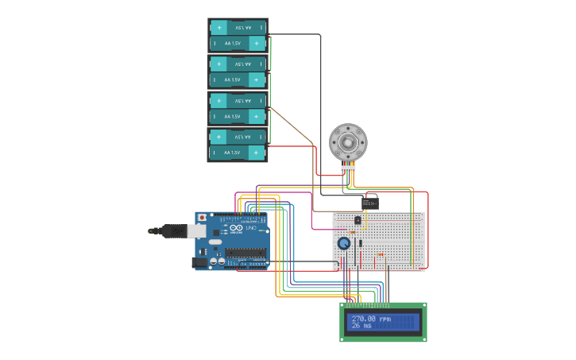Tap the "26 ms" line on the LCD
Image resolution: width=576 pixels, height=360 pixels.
pos(361,325)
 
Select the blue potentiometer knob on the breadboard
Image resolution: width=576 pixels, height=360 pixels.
pos(344,243)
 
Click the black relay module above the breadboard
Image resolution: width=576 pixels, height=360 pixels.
pos(370,203)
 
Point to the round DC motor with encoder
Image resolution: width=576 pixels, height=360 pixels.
pos(348,143)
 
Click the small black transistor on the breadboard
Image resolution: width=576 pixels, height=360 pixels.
pos(358,220)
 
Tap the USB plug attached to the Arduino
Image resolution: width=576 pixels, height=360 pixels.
pos(175,231)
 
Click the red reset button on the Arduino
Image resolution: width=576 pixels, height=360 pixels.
pos(202,217)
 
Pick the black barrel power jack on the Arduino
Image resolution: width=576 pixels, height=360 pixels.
pos(200,261)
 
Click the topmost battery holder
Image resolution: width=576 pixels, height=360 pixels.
pos(238,36)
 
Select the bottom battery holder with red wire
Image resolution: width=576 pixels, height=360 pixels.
pos(238,145)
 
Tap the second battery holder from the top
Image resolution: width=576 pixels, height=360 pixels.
pos(238,72)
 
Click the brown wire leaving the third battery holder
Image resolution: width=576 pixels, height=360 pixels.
pos(294,127)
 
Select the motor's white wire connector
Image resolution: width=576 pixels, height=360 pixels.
pos(348,168)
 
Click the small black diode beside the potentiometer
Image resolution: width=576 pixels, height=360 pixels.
pos(360,242)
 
